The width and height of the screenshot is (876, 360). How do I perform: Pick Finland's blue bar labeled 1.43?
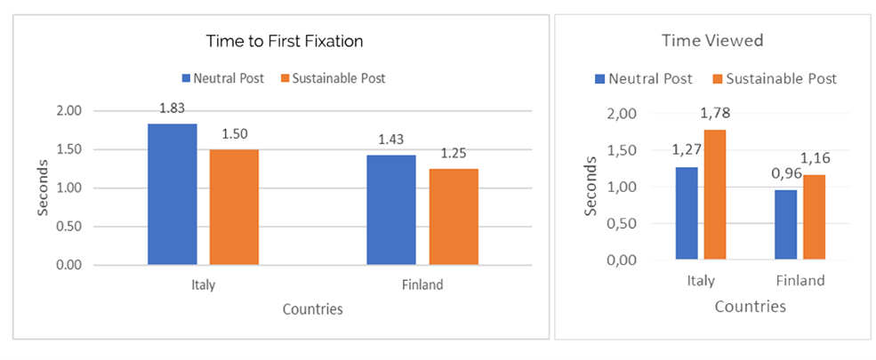391,210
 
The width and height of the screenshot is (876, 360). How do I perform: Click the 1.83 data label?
173,108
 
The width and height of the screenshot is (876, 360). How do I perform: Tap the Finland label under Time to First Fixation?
422,285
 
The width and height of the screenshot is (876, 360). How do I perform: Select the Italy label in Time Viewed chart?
701,281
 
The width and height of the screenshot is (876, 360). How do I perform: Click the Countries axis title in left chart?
312,309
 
